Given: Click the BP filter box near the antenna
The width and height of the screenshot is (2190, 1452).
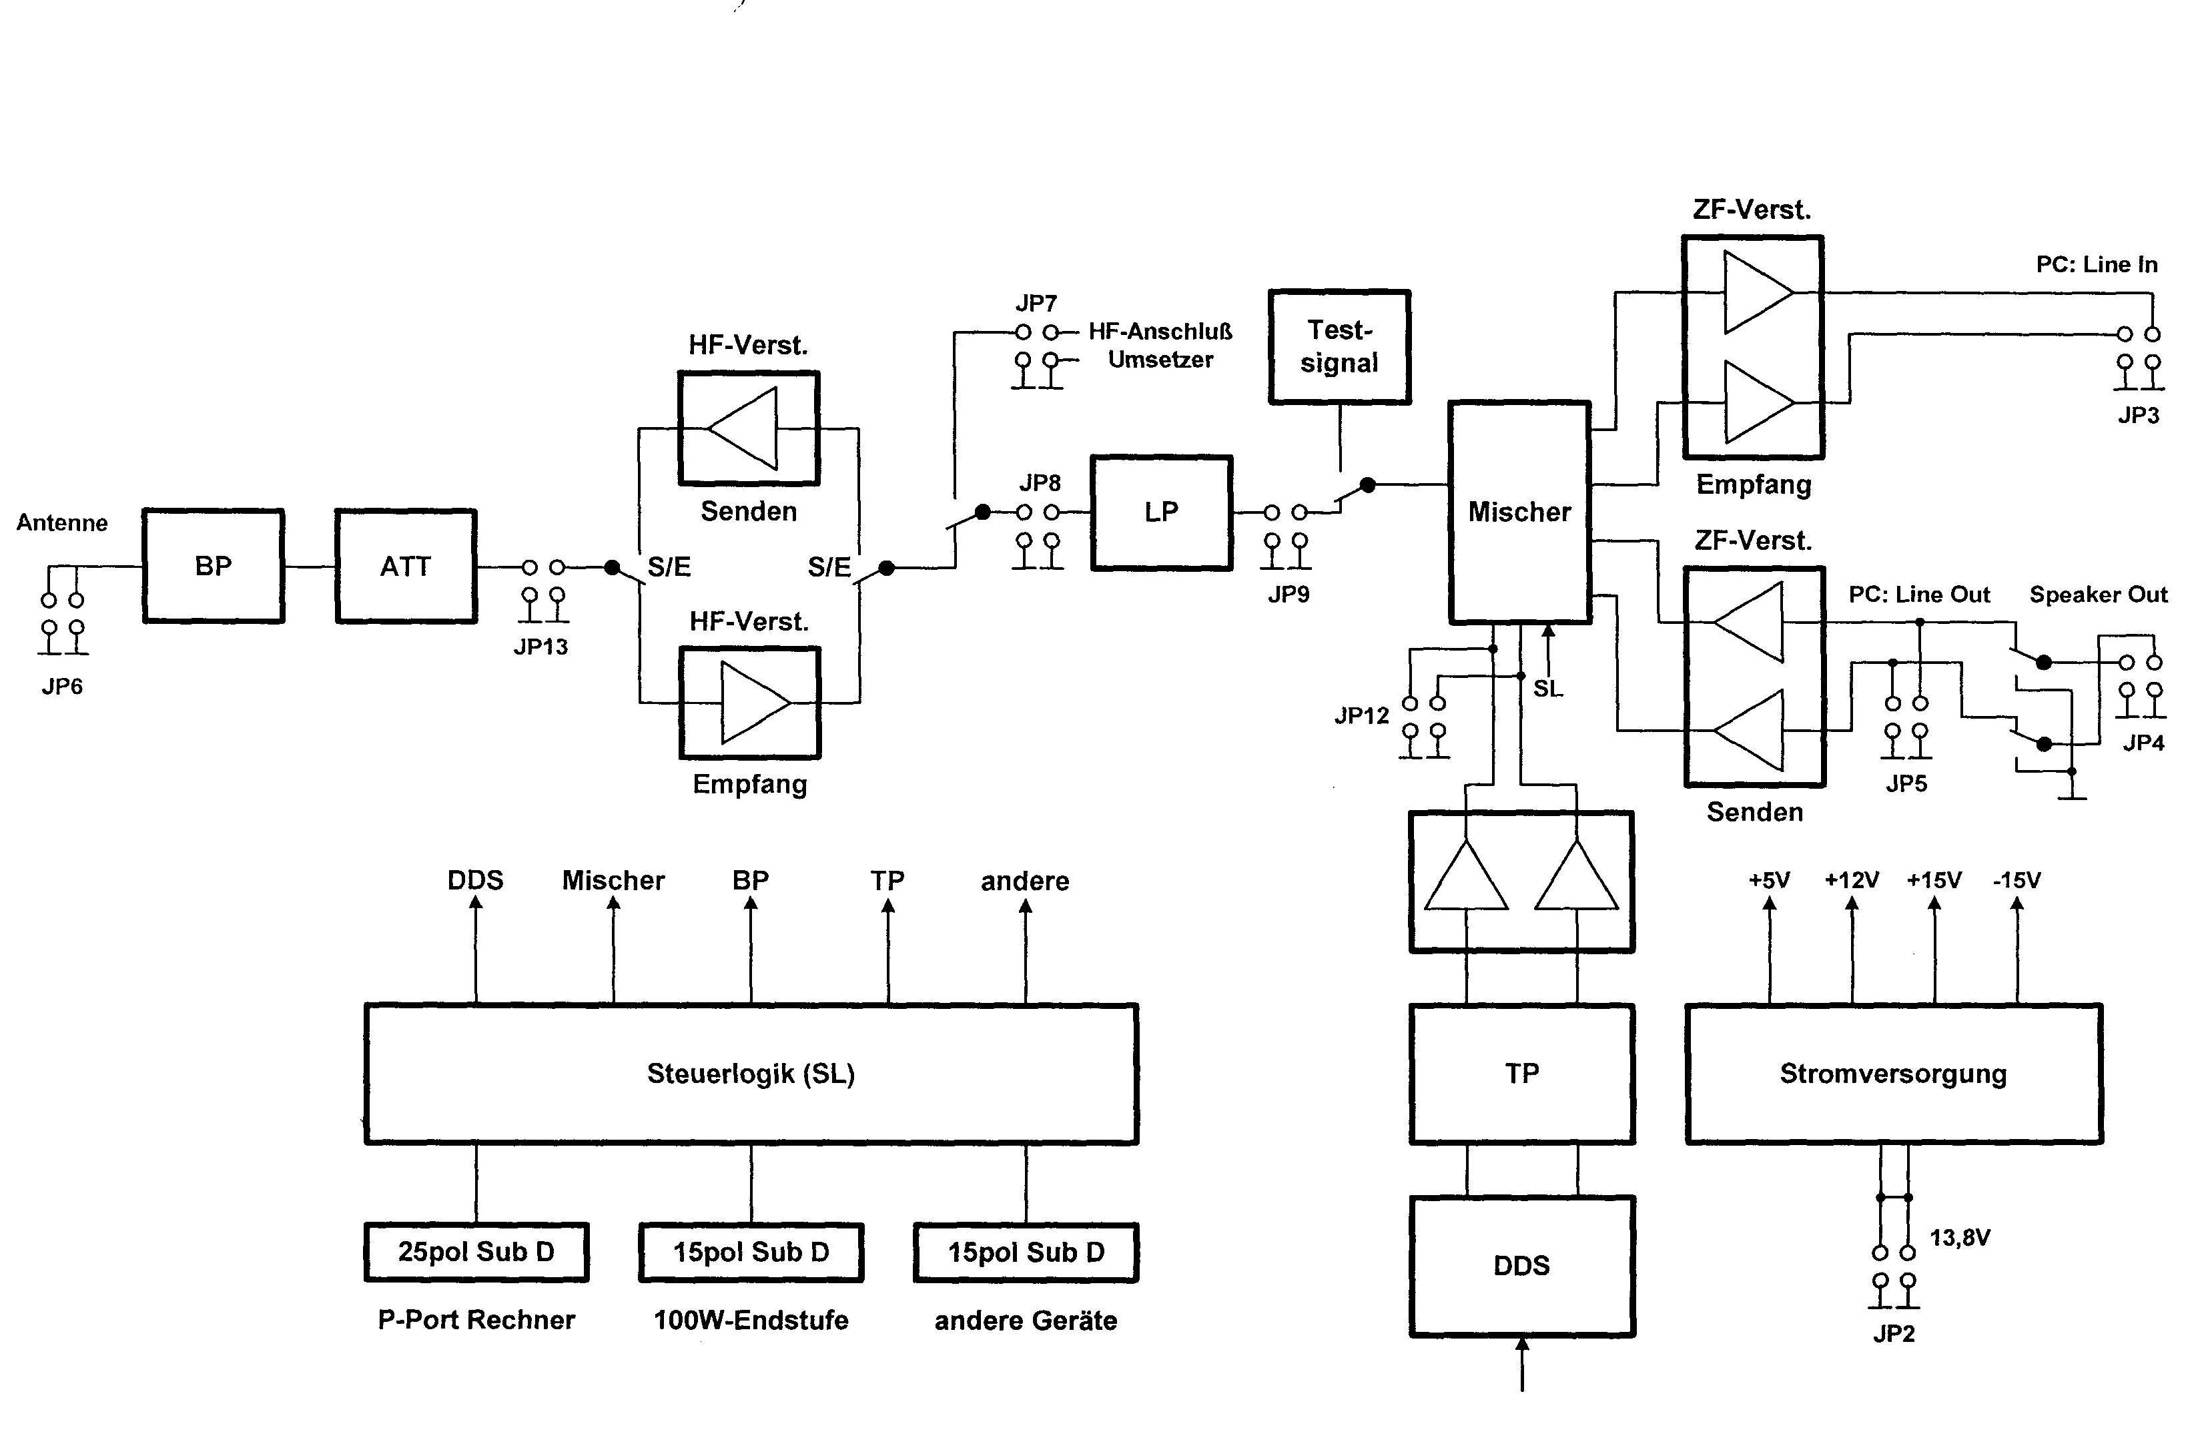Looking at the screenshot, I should [x=213, y=566].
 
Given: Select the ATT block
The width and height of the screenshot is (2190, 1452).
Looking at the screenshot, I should [x=406, y=566].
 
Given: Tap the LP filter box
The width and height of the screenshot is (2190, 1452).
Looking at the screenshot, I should [x=1161, y=512].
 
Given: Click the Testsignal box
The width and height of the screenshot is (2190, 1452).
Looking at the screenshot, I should [x=1339, y=347].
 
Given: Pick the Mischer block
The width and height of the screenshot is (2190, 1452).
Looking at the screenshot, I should [x=1519, y=512].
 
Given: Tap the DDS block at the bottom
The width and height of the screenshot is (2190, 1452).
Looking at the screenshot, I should [x=1521, y=1266].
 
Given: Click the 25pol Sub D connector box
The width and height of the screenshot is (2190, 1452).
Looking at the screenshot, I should [x=476, y=1252].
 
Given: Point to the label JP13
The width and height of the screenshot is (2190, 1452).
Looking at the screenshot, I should [x=540, y=647].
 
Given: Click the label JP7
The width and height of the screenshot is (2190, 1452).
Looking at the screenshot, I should [x=1036, y=304].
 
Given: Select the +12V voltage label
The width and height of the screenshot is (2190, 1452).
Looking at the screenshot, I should [x=1851, y=879].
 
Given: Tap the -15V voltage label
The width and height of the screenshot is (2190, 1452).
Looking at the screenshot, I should [x=2017, y=879].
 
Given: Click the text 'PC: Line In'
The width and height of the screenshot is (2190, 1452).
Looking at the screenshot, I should [x=2097, y=265].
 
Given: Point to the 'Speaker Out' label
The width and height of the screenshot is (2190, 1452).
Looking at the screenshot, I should [x=2099, y=595].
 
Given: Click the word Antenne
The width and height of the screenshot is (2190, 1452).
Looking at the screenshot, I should [x=62, y=523].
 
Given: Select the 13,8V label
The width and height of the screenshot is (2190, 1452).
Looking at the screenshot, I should [x=1959, y=1237].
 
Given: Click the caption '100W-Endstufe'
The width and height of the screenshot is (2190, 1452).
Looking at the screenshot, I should [x=751, y=1320].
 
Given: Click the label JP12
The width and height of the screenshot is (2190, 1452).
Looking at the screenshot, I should [x=1361, y=715].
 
